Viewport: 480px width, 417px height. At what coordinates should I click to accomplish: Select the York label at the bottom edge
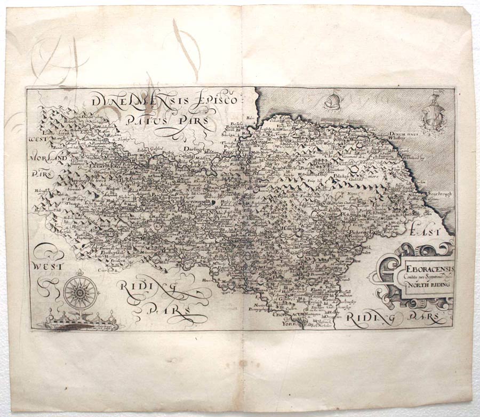(289, 323)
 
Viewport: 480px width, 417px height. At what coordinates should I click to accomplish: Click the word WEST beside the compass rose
(47, 264)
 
